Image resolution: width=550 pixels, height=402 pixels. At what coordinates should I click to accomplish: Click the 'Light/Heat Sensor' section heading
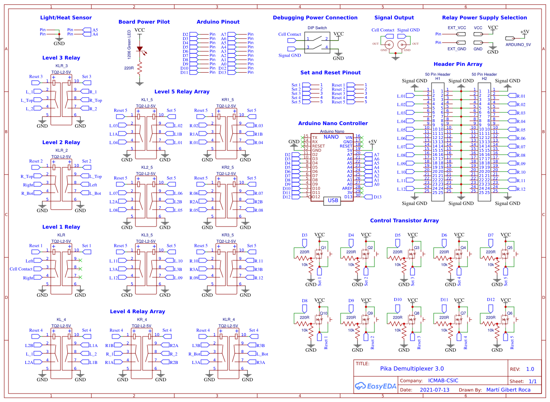[x=66, y=18]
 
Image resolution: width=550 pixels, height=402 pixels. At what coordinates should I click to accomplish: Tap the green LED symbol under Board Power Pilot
[x=140, y=49]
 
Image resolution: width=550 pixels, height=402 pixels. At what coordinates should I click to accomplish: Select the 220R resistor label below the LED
[x=129, y=68]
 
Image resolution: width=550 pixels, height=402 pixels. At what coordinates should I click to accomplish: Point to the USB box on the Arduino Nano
[x=333, y=200]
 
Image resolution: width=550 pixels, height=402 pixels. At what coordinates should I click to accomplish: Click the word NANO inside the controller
[x=331, y=137]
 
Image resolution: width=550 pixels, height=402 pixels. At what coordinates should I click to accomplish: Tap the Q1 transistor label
[x=324, y=248]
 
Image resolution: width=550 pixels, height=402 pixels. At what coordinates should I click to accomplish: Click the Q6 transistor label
[x=510, y=313]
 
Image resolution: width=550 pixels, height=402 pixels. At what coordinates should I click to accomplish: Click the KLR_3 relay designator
[x=61, y=66]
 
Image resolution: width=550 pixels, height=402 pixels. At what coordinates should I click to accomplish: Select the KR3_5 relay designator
[x=228, y=235]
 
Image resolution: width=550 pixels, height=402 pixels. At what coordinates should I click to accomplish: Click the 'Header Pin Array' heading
[x=458, y=64]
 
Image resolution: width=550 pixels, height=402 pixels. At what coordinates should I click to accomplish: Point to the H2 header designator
[x=484, y=79]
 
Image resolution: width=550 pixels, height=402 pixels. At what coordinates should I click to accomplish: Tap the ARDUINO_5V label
[x=518, y=44]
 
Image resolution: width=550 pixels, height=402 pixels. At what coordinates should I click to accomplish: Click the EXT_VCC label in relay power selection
[x=457, y=28]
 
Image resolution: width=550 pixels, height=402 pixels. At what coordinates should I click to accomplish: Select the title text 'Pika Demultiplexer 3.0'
[x=412, y=369]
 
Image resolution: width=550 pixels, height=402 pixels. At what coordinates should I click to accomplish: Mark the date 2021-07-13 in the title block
[x=434, y=390]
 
